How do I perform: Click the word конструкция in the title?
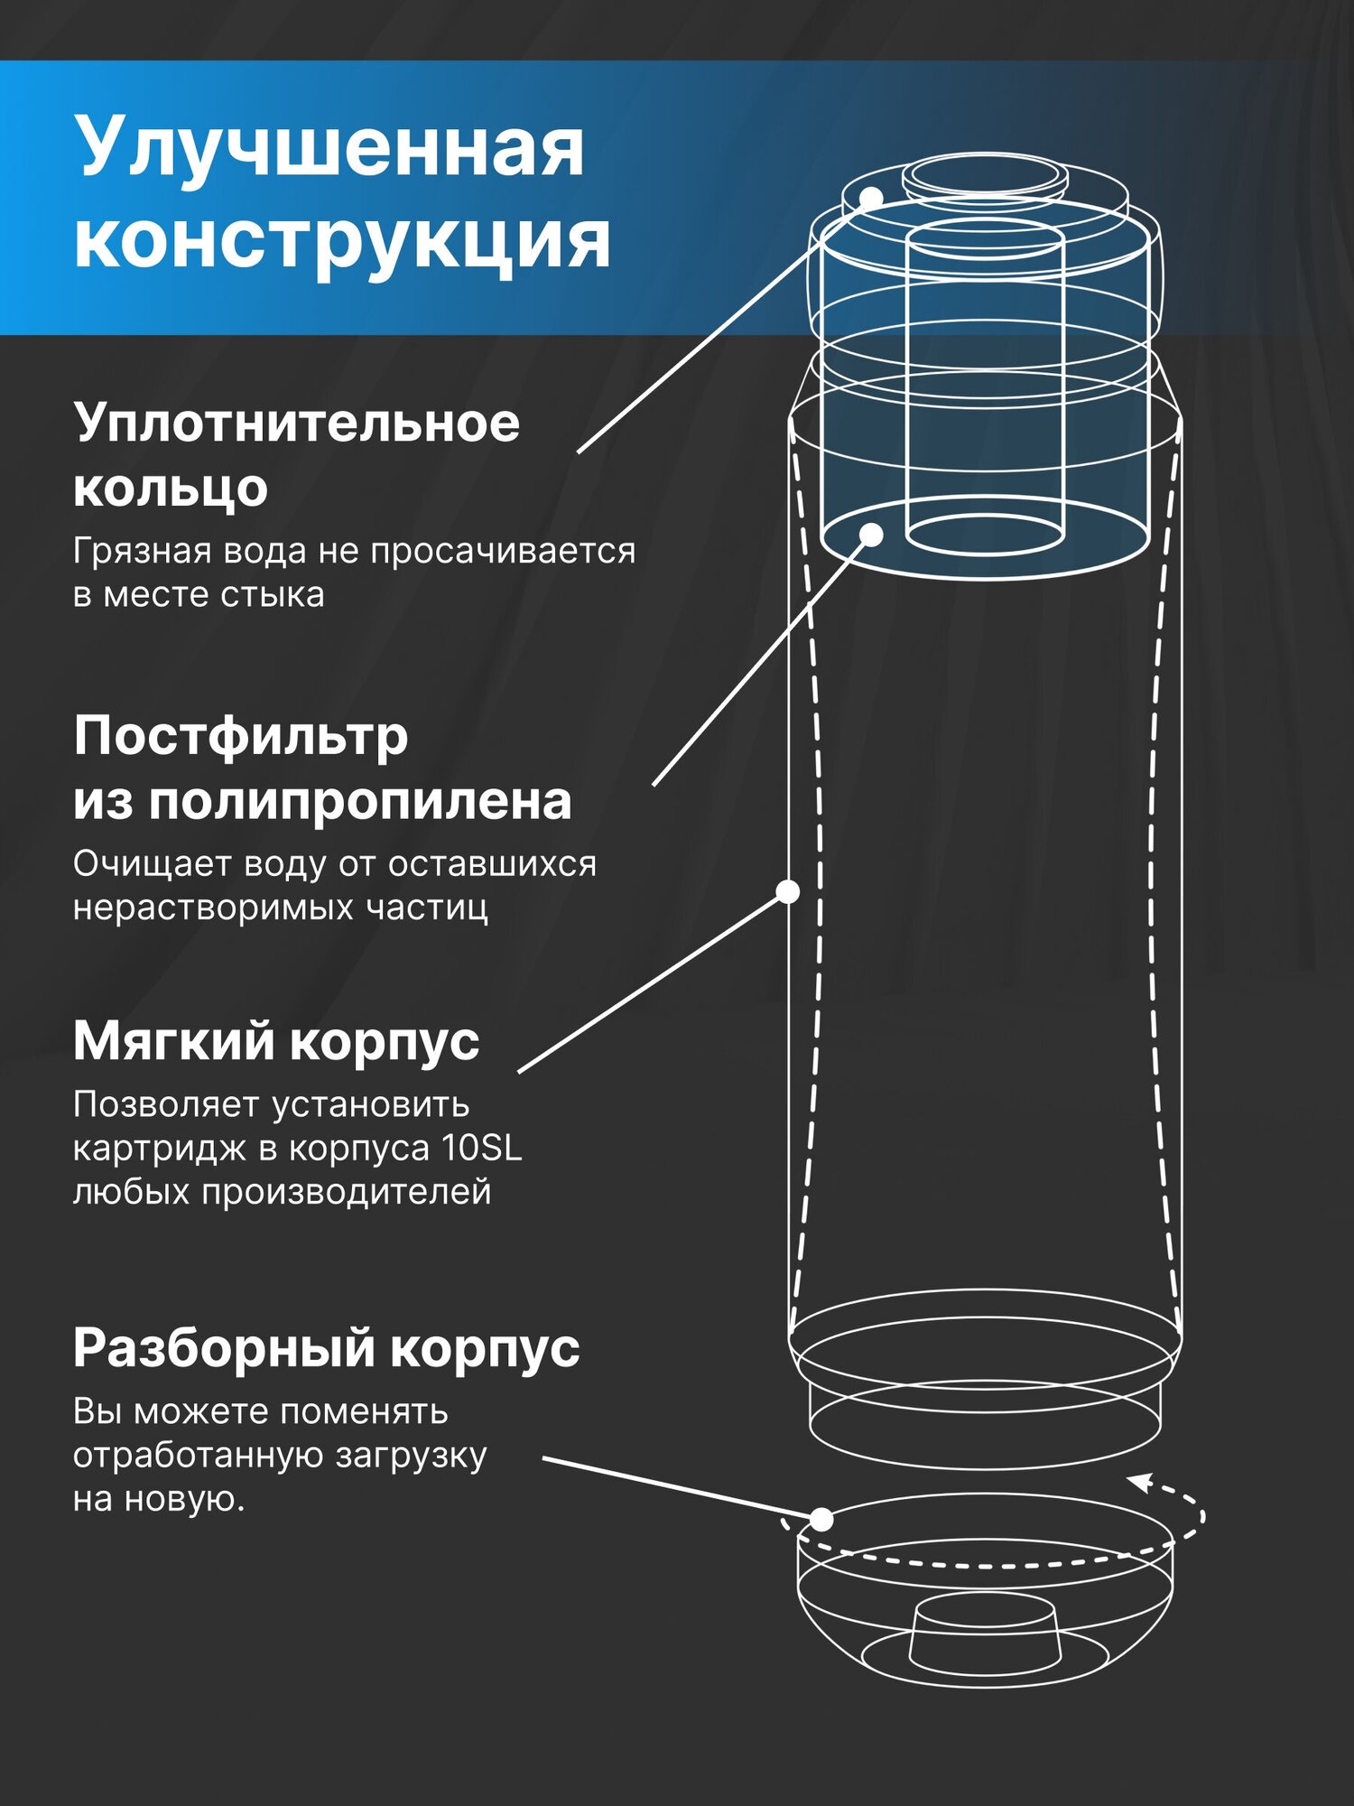[342, 241]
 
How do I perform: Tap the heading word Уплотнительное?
[297, 423]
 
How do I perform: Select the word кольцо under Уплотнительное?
[171, 489]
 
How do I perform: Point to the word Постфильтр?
[241, 736]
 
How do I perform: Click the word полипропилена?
[360, 801]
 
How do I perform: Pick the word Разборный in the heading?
[224, 1348]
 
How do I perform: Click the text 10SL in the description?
[482, 1148]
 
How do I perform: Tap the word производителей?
[347, 1191]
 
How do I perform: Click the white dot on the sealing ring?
[871, 198]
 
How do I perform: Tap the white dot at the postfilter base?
[871, 535]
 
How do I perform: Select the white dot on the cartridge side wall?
[788, 892]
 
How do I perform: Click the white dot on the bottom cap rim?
[821, 1520]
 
